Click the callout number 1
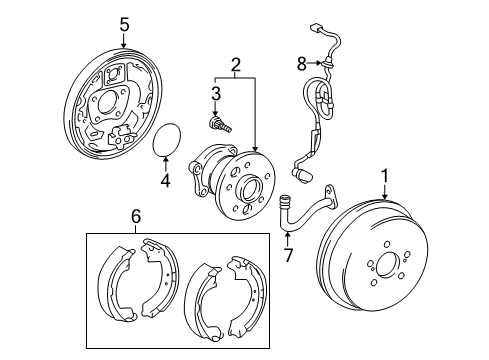tap(383, 177)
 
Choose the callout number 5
tap(123, 22)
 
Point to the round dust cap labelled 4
tap(167, 143)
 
